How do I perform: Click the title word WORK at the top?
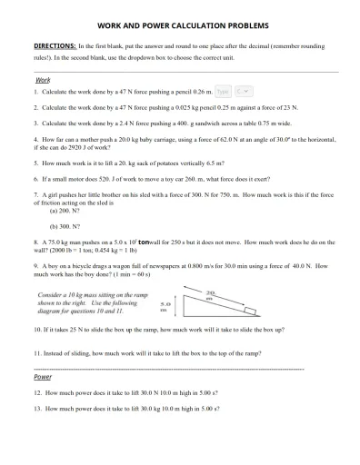point(111,26)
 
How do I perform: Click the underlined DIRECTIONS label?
point(54,45)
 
